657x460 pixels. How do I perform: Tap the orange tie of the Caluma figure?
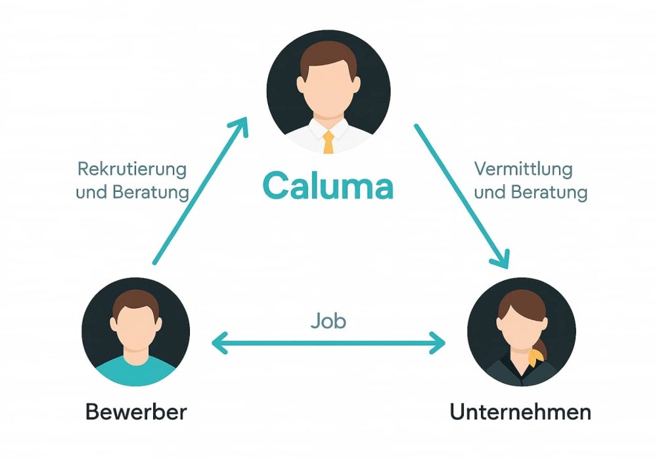point(328,141)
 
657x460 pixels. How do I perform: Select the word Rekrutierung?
point(132,169)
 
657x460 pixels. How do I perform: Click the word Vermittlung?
point(523,169)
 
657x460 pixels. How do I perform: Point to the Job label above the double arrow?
point(328,321)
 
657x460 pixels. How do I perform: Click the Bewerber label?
point(136,412)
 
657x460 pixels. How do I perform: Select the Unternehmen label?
point(520,412)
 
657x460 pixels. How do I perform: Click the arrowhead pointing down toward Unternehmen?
point(503,261)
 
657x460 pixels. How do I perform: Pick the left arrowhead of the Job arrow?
point(217,342)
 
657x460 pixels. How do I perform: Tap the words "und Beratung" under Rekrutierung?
point(132,193)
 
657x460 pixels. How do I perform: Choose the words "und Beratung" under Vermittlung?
point(530,193)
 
